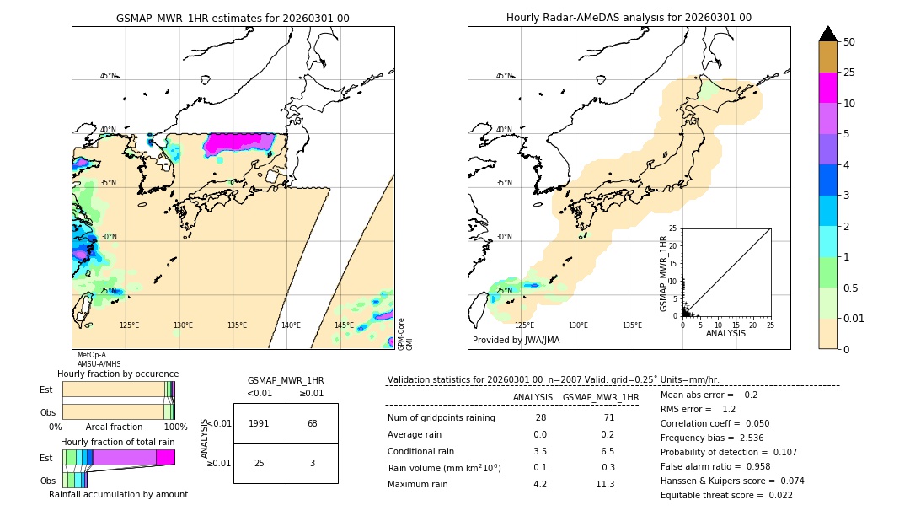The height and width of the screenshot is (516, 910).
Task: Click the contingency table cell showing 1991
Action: pos(260,423)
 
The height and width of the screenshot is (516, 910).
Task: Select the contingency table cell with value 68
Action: pos(312,423)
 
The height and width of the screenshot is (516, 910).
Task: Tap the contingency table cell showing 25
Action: pos(260,464)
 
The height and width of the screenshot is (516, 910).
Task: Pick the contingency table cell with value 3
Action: pos(312,464)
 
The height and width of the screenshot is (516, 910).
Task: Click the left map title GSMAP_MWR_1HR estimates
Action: pos(233,18)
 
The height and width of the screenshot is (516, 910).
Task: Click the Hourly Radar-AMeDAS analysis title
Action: pos(629,18)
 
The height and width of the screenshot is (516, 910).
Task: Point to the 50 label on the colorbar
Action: pos(849,42)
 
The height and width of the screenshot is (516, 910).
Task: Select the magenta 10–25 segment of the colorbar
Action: pos(828,88)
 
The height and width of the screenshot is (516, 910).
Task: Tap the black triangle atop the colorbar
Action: pos(828,34)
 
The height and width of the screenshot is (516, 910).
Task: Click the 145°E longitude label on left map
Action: pos(344,325)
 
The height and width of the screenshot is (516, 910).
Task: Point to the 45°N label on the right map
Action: pos(504,76)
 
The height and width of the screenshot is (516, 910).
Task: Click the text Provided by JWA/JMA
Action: pos(516,340)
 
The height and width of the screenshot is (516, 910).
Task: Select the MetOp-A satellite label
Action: pos(92,355)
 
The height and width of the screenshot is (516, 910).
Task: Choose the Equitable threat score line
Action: pos(726,495)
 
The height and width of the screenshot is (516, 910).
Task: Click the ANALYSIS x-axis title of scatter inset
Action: pos(726,334)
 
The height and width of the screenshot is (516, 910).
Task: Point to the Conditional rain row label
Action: pos(420,451)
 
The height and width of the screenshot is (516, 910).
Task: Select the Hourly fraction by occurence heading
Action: pos(118,374)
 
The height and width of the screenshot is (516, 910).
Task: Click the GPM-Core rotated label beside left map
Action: pos(401,329)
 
